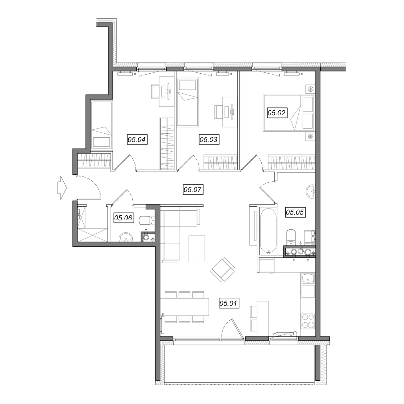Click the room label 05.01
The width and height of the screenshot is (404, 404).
[229, 303]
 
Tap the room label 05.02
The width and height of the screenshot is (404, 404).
[277, 113]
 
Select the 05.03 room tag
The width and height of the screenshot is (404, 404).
[209, 139]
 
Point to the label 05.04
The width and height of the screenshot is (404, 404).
[137, 139]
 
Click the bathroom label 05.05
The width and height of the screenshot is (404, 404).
[295, 212]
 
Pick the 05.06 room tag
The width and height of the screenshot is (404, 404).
[123, 218]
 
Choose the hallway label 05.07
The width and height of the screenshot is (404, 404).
[193, 189]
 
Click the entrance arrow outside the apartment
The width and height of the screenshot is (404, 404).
[62, 188]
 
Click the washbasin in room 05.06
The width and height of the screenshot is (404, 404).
[126, 237]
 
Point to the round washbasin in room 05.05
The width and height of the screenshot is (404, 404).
[311, 191]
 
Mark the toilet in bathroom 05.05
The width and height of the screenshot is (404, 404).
[291, 237]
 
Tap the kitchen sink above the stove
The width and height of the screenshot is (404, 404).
[308, 278]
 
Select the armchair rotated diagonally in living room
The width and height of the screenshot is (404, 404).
[223, 269]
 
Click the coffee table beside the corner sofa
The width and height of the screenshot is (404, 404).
[197, 249]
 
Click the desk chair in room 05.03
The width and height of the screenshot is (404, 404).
[218, 112]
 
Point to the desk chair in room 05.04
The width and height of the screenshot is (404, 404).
[155, 91]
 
